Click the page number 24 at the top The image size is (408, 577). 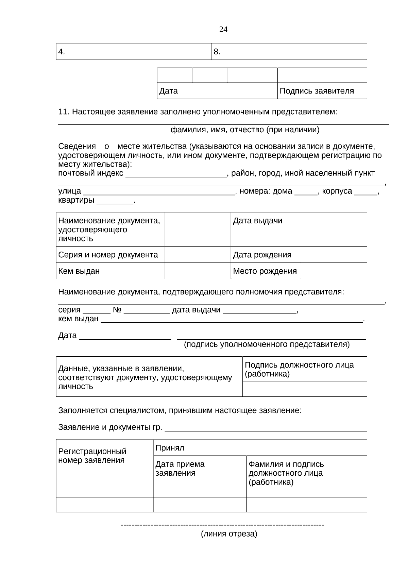tap(223, 30)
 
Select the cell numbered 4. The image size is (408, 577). tap(133, 52)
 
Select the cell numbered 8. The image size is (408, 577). tap(289, 52)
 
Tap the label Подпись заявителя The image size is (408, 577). tap(317, 91)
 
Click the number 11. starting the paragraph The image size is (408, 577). tap(64, 112)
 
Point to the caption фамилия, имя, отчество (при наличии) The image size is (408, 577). tap(244, 130)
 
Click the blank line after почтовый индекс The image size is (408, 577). tap(176, 175)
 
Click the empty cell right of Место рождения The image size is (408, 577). tap(334, 271)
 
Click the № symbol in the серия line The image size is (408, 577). tap(117, 310)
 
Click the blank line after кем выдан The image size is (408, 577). tap(231, 320)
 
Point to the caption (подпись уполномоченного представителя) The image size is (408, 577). tap(267, 344)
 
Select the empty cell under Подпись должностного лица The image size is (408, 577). tap(304, 389)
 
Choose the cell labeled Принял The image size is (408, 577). tap(260, 448)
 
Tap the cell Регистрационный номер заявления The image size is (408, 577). tap(104, 468)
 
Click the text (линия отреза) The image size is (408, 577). tap(229, 534)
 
